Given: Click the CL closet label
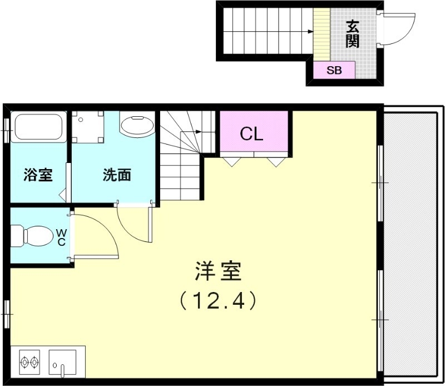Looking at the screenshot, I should [251, 133].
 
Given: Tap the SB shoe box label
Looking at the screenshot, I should [334, 70].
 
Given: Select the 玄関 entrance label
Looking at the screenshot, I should [352, 34].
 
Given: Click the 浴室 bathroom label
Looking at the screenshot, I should [38, 175].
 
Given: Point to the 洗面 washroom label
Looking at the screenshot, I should [117, 175].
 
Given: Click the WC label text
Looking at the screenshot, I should [62, 237].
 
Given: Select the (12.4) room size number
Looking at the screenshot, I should [217, 301].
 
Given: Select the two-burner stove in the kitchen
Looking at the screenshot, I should [30, 363].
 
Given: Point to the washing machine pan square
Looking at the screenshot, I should [88, 127].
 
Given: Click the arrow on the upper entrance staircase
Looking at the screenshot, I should [308, 32].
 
